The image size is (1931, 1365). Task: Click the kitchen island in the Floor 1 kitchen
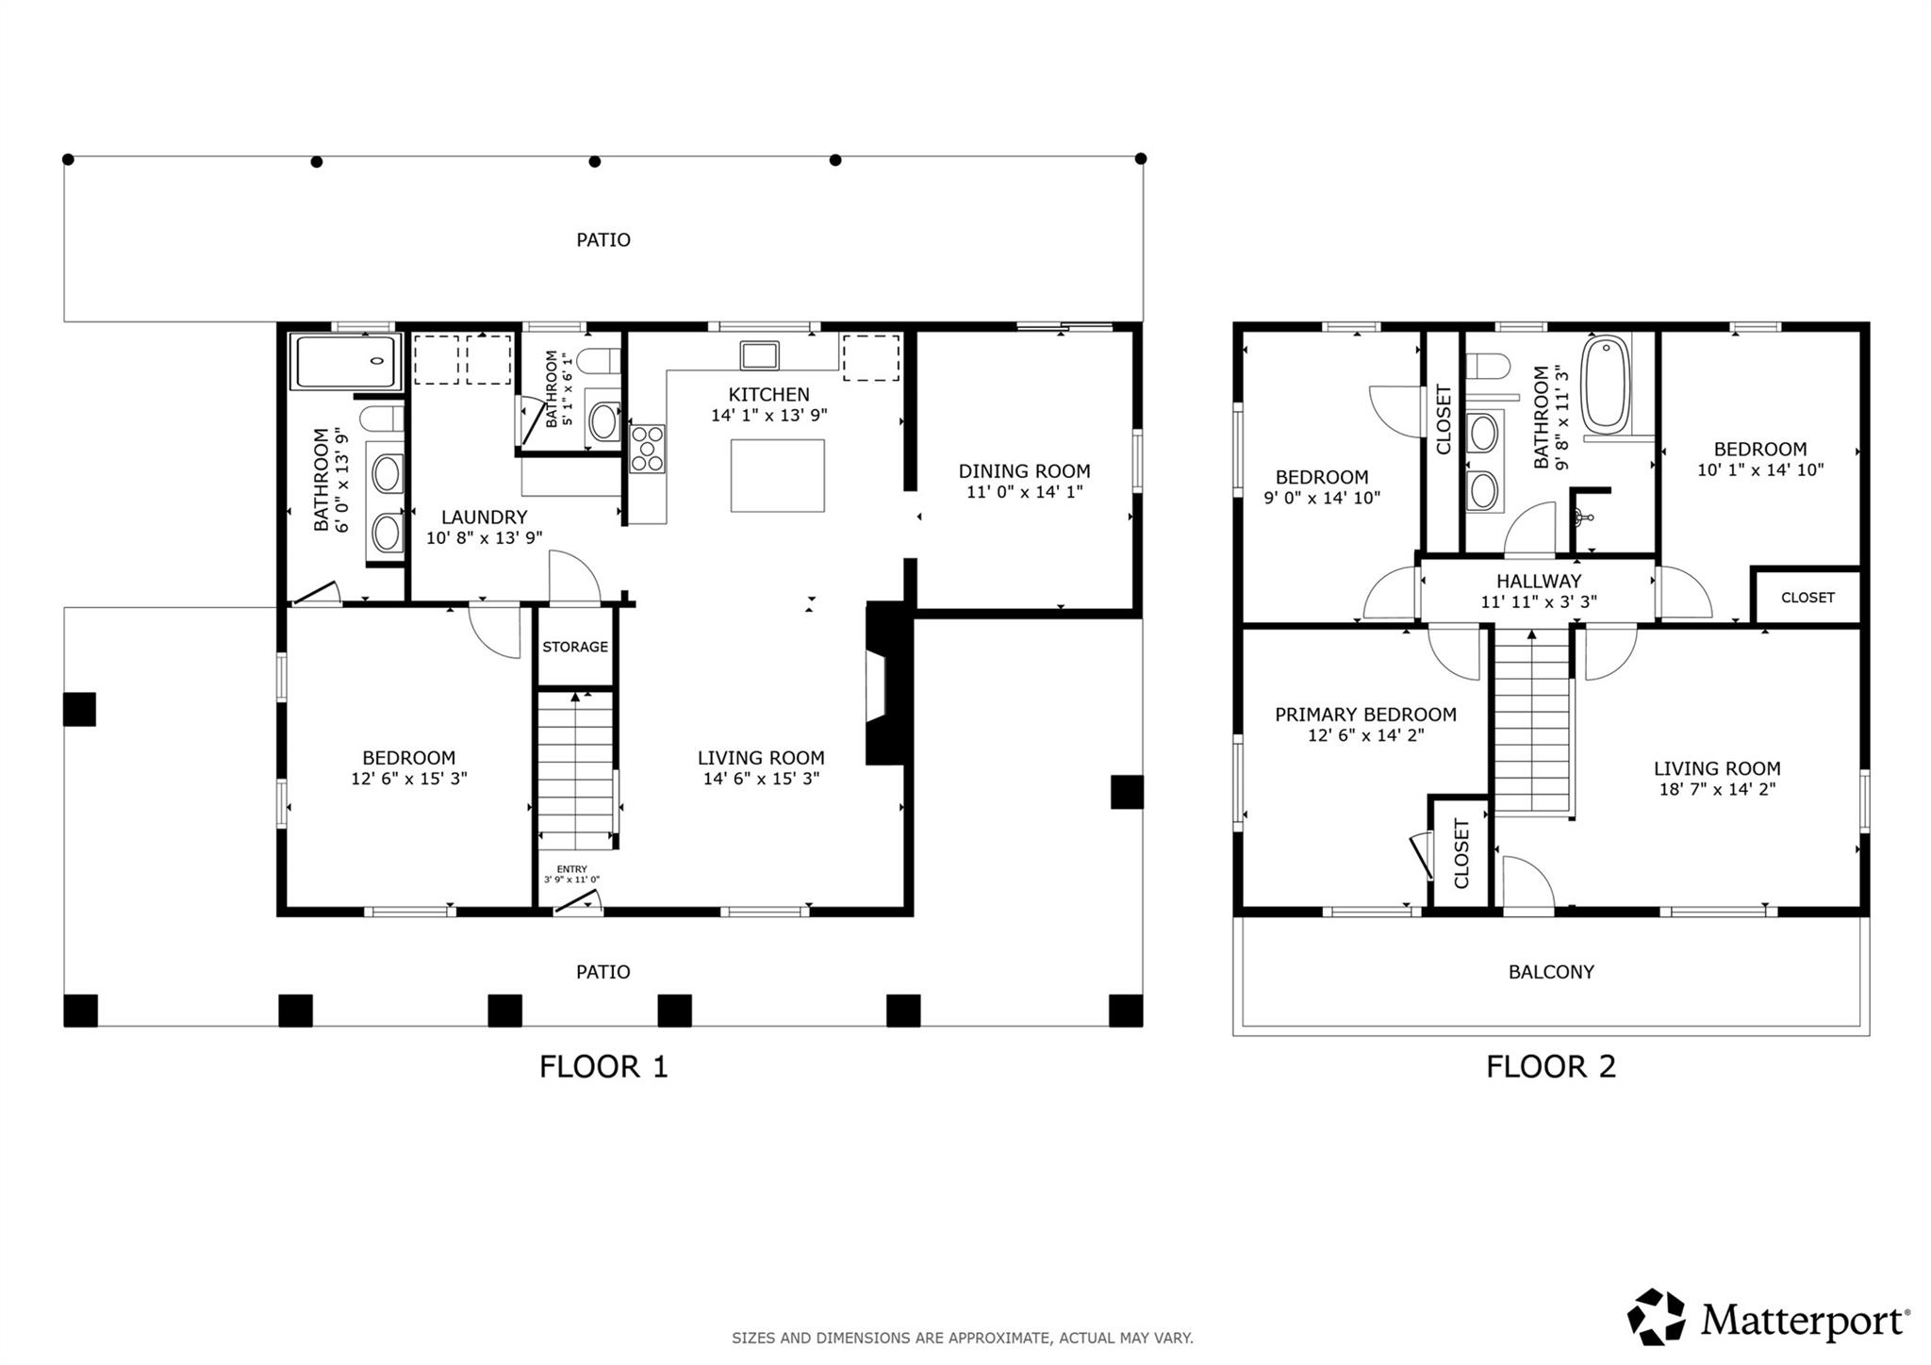pyautogui.click(x=777, y=475)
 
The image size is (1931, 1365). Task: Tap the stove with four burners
pyautogui.click(x=648, y=449)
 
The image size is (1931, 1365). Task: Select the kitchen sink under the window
pyautogui.click(x=759, y=355)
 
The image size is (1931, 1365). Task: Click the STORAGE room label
pyautogui.click(x=575, y=647)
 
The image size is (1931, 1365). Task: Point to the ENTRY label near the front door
pyautogui.click(x=571, y=869)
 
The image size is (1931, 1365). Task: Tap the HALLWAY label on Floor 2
pyautogui.click(x=1538, y=582)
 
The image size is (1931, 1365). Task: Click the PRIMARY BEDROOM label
pyautogui.click(x=1365, y=715)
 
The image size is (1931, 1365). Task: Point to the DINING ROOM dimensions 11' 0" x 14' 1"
pyautogui.click(x=1024, y=492)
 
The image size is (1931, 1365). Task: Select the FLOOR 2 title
pyautogui.click(x=1550, y=1066)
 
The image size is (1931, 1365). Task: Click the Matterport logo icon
pyautogui.click(x=1656, y=1317)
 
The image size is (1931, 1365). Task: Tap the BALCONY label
pyautogui.click(x=1550, y=972)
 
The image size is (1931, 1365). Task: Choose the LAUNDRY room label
pyautogui.click(x=484, y=517)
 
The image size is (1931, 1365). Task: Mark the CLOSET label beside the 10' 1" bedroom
pyautogui.click(x=1807, y=598)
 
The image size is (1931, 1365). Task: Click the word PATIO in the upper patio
pyautogui.click(x=603, y=240)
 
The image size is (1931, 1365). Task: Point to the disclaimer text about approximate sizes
pyautogui.click(x=962, y=1338)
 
